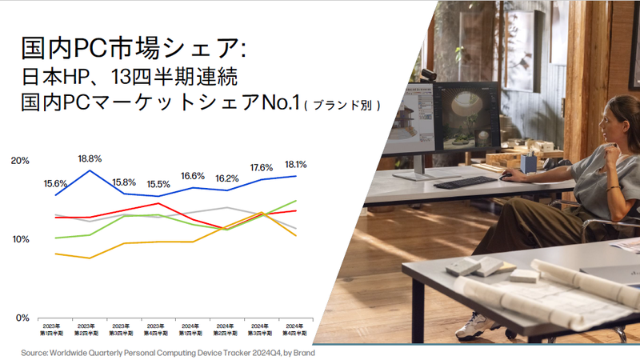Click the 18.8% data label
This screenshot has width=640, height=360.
(x=90, y=158)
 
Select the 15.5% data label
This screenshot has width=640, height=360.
(x=158, y=185)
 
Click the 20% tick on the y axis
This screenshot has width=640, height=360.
(x=20, y=161)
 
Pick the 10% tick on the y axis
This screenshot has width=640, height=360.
(x=20, y=239)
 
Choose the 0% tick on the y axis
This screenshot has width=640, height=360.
(x=23, y=318)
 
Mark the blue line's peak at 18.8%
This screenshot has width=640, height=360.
(x=90, y=170)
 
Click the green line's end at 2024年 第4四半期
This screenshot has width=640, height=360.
(x=296, y=201)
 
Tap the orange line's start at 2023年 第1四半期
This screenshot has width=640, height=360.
(x=55, y=254)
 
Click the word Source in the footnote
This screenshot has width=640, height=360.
(x=36, y=352)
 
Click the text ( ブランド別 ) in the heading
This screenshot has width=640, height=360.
(x=342, y=105)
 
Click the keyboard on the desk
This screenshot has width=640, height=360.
(x=465, y=182)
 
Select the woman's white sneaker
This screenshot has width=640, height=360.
(x=480, y=324)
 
